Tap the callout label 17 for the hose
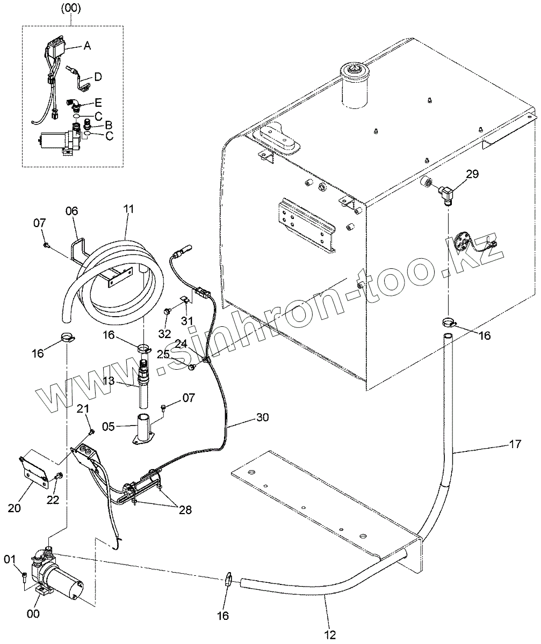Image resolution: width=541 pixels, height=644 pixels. coord(515,444)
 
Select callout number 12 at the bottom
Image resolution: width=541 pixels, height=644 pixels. coord(330,635)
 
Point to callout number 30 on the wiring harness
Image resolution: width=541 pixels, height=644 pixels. coord(263,416)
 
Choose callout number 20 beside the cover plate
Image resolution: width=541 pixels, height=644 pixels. coord(15,507)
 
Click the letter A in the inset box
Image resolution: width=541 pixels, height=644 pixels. coord(87,47)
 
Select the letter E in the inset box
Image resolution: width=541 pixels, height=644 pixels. coord(98,101)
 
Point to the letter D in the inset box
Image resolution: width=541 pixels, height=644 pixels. coord(98,77)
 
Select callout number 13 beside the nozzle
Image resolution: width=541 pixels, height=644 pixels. coord(124,380)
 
